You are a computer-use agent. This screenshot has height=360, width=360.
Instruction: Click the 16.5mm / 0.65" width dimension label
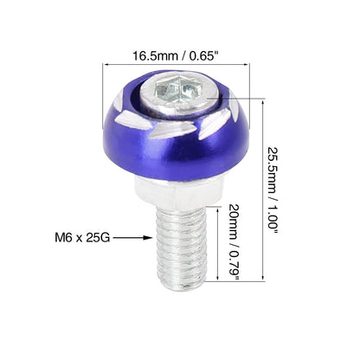tap(175, 55)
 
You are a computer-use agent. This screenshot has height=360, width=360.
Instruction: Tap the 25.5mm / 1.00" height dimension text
tap(272, 188)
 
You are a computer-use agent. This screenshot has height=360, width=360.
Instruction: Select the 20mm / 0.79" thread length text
tap(234, 242)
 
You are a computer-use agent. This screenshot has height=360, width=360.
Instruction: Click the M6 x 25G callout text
tap(82, 238)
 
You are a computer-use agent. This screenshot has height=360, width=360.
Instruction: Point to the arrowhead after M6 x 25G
tap(149, 238)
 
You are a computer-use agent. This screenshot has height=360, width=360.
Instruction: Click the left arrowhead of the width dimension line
tap(106, 64)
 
